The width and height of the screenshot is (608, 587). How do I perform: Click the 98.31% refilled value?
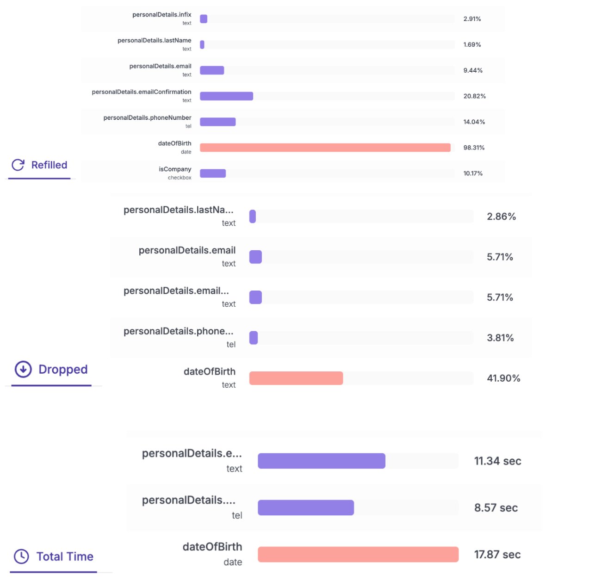point(474,148)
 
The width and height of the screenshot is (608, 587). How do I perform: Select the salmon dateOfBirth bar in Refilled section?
point(325,148)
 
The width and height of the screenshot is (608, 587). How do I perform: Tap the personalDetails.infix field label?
point(161,15)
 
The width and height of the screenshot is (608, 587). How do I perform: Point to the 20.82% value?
point(474,96)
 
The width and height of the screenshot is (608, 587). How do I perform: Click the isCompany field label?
point(174,169)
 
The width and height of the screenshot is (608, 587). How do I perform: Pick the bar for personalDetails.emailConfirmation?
point(226,96)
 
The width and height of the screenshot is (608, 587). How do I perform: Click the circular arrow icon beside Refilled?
point(18,165)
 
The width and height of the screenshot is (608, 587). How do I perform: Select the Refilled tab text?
point(49,165)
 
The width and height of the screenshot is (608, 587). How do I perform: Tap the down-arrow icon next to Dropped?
point(23,369)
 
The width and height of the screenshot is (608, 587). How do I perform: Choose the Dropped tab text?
point(63,369)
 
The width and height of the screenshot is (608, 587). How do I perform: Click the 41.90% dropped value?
point(503,378)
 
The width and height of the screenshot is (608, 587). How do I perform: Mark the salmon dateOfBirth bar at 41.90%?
point(296,378)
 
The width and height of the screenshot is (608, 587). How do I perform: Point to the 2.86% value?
point(501,216)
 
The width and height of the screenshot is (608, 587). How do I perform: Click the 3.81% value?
point(500,338)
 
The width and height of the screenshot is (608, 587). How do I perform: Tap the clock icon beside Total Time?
point(21,556)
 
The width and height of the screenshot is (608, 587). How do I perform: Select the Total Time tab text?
point(65,556)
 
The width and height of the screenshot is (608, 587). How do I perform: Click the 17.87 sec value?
point(497,555)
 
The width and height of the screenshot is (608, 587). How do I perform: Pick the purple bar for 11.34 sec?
point(322,461)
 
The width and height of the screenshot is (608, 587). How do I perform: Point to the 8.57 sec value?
point(496,508)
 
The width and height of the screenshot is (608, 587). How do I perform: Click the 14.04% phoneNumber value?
point(474,122)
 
